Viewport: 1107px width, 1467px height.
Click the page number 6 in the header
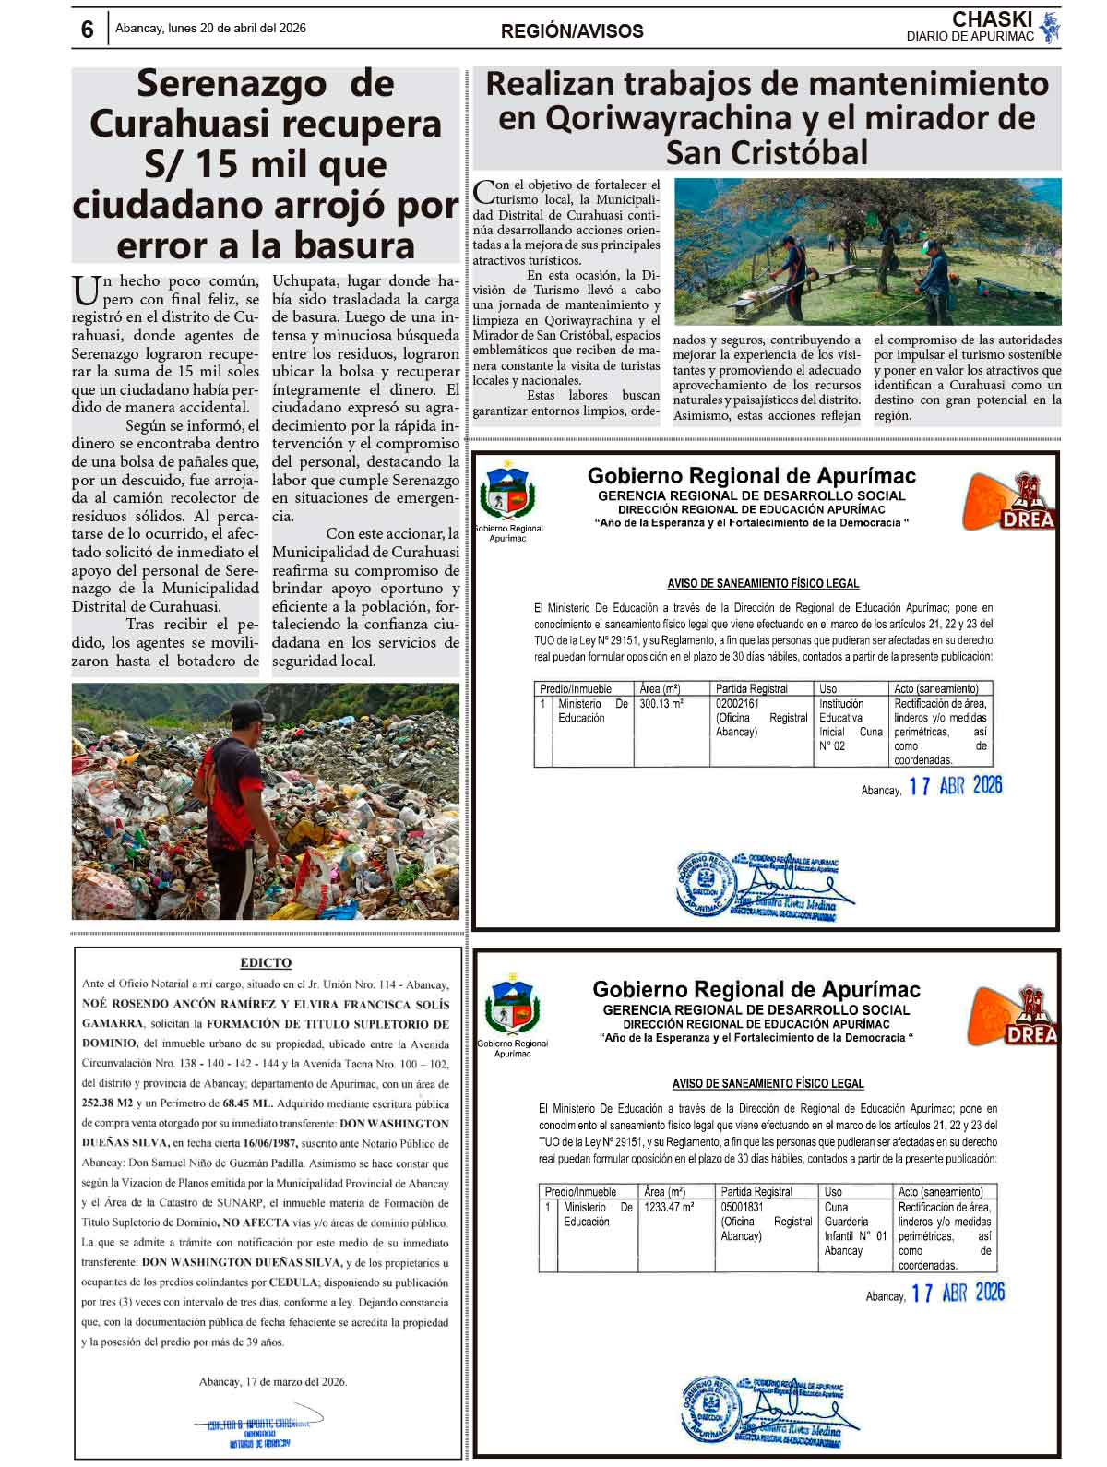click(88, 30)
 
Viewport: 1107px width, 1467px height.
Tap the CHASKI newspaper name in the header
click(992, 19)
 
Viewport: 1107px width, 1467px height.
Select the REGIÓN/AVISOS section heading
click(572, 30)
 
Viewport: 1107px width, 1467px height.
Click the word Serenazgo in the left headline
click(232, 84)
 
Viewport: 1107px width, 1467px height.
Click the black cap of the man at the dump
click(246, 710)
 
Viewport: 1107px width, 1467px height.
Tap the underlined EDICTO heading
click(266, 962)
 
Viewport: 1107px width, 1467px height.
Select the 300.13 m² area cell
click(661, 704)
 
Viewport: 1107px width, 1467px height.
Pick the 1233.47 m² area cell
click(669, 1207)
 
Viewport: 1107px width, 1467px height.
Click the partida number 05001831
click(743, 1207)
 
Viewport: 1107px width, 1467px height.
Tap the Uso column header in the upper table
click(828, 688)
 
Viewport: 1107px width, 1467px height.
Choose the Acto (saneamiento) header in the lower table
click(941, 1191)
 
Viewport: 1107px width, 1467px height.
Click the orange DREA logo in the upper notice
click(1008, 502)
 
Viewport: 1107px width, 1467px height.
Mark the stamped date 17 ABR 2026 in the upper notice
click(955, 786)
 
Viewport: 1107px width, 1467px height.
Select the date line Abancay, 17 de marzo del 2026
click(273, 1381)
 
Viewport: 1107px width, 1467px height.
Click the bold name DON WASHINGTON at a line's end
click(394, 1124)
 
